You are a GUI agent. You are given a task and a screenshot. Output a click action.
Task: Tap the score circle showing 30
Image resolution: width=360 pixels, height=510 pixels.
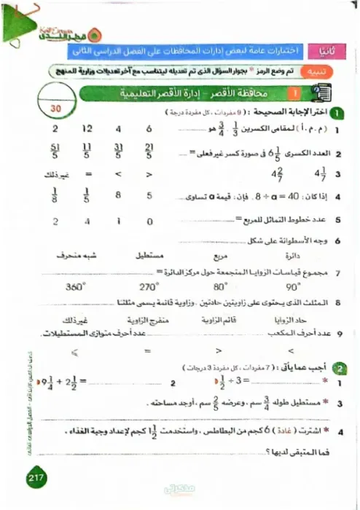click(58, 106)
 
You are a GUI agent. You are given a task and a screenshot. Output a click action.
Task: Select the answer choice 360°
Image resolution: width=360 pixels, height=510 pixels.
click(74, 287)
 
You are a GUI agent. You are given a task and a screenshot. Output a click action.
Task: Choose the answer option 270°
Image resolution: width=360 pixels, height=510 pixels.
click(148, 287)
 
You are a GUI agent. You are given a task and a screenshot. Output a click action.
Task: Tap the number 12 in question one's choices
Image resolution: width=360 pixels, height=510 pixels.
click(87, 129)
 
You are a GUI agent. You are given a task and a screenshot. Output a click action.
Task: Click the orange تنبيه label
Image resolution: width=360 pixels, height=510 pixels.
click(325, 72)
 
